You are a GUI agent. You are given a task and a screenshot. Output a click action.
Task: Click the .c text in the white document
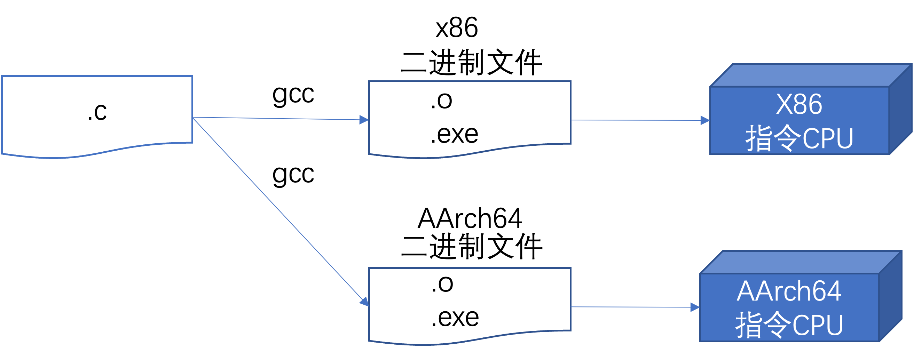tap(97, 113)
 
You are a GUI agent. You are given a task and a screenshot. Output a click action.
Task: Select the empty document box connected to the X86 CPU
tap(470, 113)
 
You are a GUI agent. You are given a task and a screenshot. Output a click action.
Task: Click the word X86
tap(799, 105)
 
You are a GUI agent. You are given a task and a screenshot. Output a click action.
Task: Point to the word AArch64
tap(789, 291)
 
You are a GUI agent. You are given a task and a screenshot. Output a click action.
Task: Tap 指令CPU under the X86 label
tap(799, 138)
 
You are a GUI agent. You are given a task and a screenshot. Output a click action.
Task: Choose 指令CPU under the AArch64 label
tap(789, 325)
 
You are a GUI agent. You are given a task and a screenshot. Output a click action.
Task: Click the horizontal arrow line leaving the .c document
tap(277, 118)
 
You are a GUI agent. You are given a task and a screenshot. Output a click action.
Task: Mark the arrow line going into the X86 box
tap(635, 120)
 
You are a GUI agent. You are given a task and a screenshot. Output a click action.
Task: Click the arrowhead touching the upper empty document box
tap(364, 120)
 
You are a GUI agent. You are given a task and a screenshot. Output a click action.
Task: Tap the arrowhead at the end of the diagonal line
tap(365, 302)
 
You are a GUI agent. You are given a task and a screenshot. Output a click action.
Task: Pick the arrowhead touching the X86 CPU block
tap(705, 121)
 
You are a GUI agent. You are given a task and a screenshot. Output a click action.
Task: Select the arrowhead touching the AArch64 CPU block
tap(695, 307)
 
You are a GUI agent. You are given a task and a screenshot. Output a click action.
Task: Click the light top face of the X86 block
tap(811, 75)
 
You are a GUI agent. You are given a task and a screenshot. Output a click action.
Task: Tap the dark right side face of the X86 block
tap(900, 110)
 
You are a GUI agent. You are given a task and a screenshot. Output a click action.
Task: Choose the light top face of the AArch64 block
tap(801, 263)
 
